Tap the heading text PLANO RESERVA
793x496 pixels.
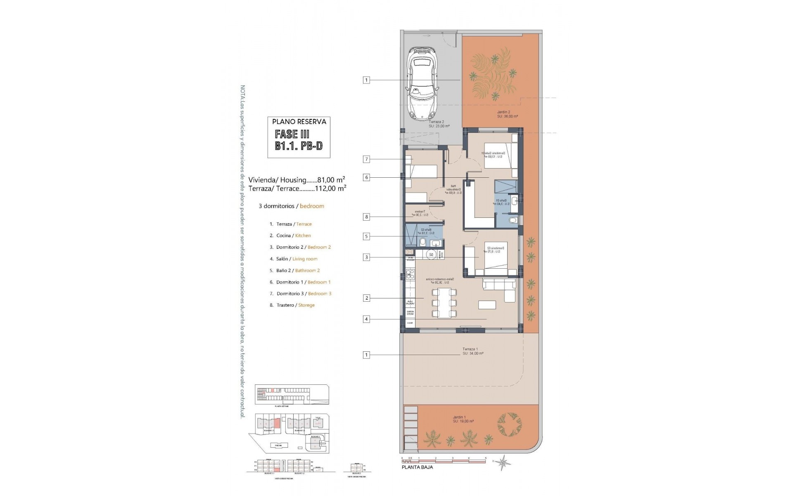299,122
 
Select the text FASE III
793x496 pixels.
292,134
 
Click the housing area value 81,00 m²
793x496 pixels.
331,180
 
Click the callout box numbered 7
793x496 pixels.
366,159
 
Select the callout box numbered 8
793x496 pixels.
366,217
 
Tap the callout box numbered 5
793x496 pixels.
366,236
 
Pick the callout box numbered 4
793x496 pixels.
366,319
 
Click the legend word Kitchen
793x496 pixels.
303,236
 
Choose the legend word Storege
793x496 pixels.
306,305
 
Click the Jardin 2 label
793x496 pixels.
503,112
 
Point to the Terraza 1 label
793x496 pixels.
470,349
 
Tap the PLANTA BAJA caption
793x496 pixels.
418,467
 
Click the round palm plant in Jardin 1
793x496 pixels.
509,424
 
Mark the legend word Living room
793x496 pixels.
305,259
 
